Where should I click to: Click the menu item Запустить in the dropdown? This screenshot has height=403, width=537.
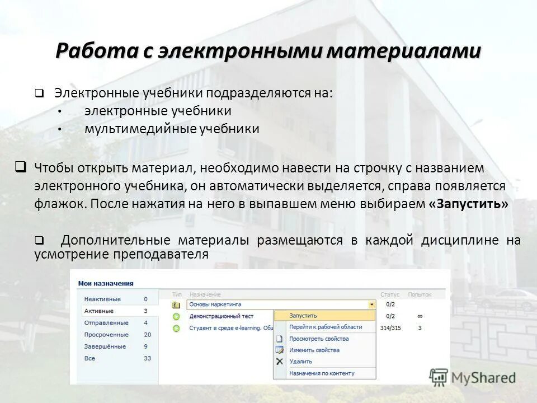tap(303, 316)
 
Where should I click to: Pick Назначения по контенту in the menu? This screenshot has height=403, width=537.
tap(322, 373)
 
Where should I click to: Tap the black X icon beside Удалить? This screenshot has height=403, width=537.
tap(280, 362)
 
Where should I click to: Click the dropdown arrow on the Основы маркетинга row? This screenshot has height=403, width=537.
tap(371, 304)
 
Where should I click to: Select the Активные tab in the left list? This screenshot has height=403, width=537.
tap(98, 311)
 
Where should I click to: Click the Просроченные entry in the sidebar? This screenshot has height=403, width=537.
tap(106, 334)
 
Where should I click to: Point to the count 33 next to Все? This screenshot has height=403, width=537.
tap(147, 358)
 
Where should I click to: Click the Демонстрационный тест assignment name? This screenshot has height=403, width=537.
tap(221, 316)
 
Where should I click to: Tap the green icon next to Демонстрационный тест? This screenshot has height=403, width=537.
tap(177, 316)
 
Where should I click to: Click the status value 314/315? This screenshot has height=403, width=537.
tap(390, 328)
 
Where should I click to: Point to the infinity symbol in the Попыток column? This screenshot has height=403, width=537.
tap(420, 316)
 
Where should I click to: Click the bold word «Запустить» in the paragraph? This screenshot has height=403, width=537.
tap(468, 204)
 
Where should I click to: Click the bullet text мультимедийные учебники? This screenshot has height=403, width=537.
tap(172, 129)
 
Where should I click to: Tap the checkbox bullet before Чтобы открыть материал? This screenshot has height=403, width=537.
tap(20, 166)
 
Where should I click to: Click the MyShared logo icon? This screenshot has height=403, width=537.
tap(439, 377)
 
